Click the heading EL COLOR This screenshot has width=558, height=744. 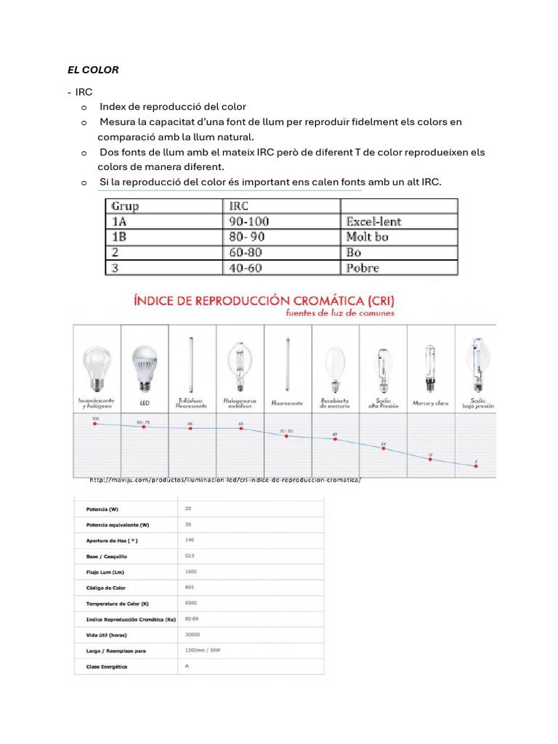pos(93,70)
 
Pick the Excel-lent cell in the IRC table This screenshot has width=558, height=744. pos(373,222)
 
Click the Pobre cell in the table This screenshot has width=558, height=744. pos(363,268)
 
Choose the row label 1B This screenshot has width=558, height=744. pos(118,237)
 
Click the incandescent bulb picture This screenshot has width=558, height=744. pos(97,366)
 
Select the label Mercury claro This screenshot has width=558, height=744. pos(430,403)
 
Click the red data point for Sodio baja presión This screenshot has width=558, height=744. pos(477,466)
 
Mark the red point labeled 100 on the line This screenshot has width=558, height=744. pos(95,425)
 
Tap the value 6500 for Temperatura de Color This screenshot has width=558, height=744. pos(191,602)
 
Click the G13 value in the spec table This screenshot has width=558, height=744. pos(190,555)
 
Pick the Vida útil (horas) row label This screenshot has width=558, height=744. pos(106,634)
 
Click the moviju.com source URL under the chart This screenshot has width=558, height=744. pos(225,480)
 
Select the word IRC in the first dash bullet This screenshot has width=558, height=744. pos(84,92)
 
